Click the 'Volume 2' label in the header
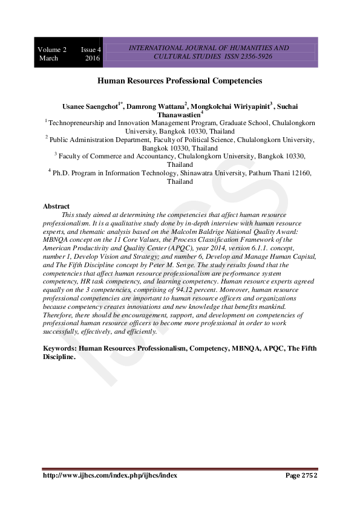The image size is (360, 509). coord(52,49)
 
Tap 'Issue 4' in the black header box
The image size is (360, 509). coord(91,49)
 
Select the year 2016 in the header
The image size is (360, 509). coord(93,58)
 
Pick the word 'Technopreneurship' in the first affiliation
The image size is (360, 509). coord(77,122)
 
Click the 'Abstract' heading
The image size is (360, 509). coord(56,206)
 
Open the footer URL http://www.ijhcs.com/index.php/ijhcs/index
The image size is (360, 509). coord(110,475)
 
